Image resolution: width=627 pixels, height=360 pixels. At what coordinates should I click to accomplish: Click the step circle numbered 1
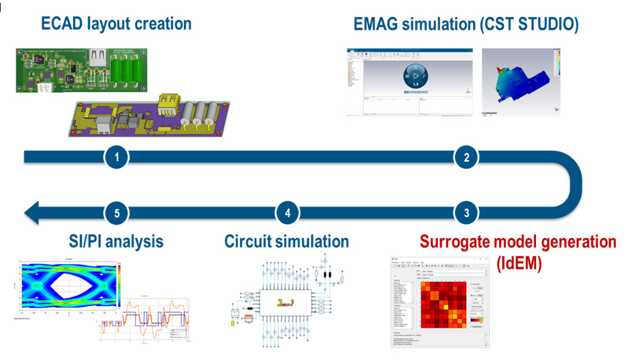(x=117, y=157)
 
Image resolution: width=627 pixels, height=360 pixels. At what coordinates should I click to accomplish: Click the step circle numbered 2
(x=466, y=157)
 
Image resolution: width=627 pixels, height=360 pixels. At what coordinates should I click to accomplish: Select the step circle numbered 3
(x=466, y=213)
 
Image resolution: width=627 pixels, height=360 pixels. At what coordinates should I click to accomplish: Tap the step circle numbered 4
(x=288, y=213)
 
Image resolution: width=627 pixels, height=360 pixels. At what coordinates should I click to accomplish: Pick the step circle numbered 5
(x=117, y=213)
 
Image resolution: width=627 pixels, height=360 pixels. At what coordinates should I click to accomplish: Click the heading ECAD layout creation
(x=116, y=24)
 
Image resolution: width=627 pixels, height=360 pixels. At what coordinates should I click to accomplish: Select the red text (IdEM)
(x=519, y=263)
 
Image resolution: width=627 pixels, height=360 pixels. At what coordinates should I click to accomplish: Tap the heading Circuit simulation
(x=287, y=241)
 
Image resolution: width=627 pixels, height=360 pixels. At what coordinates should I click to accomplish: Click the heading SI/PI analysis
(x=113, y=241)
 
